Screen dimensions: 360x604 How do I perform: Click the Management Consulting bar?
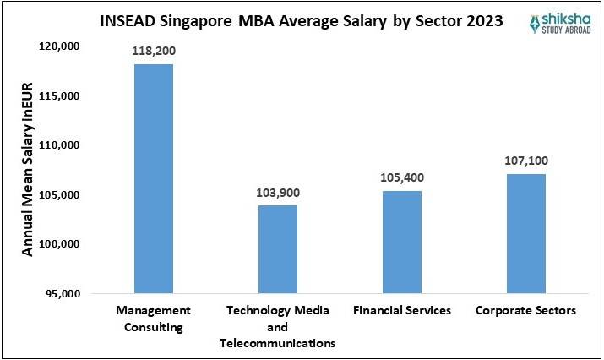pyautogui.click(x=153, y=178)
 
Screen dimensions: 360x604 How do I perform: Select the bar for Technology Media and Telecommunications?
pyautogui.click(x=277, y=249)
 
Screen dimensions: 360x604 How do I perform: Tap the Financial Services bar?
pyautogui.click(x=401, y=242)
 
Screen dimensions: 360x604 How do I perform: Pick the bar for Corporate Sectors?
pyautogui.click(x=525, y=233)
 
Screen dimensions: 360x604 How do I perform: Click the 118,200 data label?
pyautogui.click(x=153, y=51)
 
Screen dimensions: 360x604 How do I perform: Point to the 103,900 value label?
pyautogui.click(x=277, y=193)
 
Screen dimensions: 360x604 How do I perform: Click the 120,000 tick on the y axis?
pyautogui.click(x=59, y=46)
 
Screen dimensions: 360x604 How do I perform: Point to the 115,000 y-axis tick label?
pyautogui.click(x=59, y=96)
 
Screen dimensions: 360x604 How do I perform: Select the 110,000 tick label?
pyautogui.click(x=59, y=145)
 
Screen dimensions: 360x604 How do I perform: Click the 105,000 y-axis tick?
pyautogui.click(x=59, y=195)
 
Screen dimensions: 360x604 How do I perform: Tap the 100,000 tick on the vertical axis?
pyautogui.click(x=59, y=244)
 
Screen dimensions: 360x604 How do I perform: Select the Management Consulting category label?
pyautogui.click(x=153, y=319)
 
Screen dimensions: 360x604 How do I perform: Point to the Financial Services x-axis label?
pyautogui.click(x=401, y=311)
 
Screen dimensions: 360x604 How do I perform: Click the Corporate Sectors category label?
pyautogui.click(x=525, y=311)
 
